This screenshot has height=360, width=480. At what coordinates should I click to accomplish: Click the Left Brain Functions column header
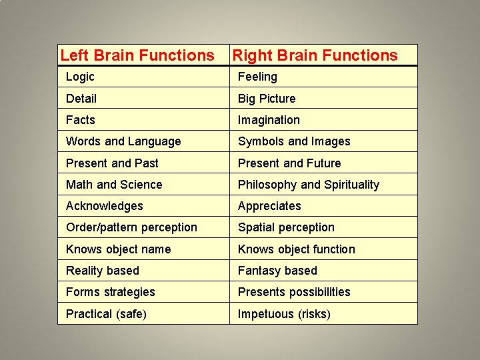(137, 55)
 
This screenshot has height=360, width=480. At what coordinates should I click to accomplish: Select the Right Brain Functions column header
(315, 55)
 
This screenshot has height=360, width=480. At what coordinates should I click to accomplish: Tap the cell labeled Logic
(80, 77)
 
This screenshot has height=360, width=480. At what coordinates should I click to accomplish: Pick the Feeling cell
(257, 77)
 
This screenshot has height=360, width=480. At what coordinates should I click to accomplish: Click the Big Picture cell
(267, 99)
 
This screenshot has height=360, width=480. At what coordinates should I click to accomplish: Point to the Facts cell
(81, 120)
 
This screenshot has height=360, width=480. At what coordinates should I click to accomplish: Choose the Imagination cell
(269, 120)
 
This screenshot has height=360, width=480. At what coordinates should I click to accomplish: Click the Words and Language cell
(123, 141)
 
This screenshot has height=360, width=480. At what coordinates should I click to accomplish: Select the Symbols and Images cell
(294, 141)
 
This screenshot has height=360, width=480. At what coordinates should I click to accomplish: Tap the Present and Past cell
(112, 163)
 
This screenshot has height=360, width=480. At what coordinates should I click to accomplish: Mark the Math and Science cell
(114, 185)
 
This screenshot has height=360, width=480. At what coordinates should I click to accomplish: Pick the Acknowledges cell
(104, 206)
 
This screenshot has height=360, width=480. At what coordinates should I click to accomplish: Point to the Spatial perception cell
(286, 227)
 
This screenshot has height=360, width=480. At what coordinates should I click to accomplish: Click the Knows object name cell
(118, 249)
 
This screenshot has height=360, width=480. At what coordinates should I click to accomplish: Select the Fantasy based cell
(277, 271)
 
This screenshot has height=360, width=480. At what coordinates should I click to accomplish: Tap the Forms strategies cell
(110, 292)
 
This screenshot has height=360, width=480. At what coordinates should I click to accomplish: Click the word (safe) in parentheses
(131, 314)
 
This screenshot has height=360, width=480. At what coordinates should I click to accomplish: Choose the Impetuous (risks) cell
(284, 314)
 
